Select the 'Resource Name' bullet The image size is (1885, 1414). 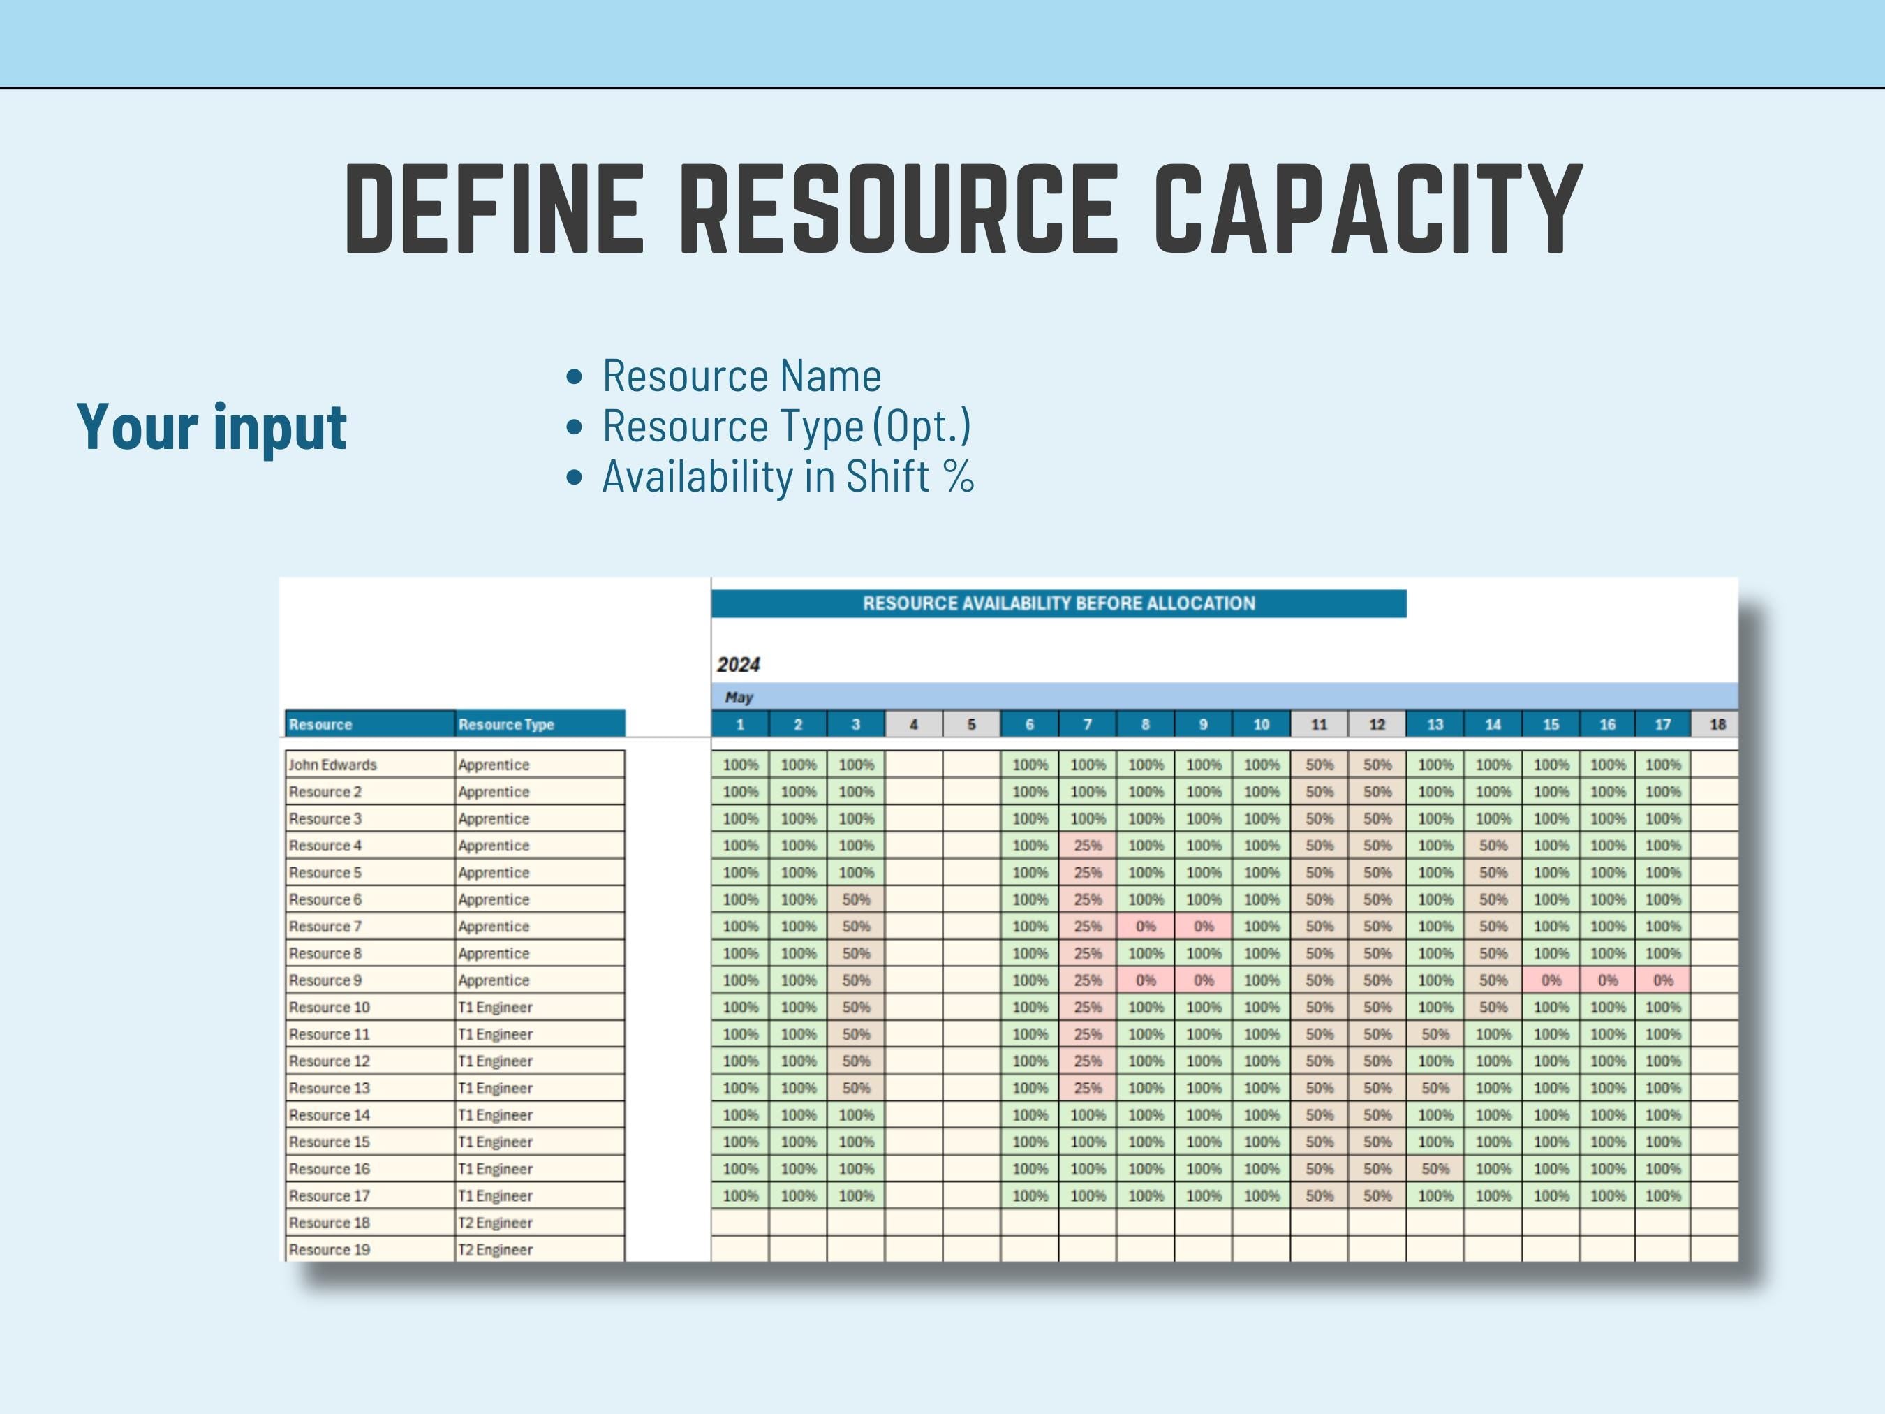click(x=741, y=376)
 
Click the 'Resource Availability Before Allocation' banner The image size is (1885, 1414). click(x=1058, y=603)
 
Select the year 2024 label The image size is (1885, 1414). click(x=738, y=665)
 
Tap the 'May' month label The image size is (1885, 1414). click(x=739, y=697)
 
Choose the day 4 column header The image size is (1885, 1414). click(x=912, y=725)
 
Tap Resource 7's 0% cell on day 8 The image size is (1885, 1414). click(x=1146, y=927)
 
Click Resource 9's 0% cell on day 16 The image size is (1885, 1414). click(x=1607, y=980)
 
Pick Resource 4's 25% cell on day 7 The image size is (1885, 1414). click(x=1088, y=846)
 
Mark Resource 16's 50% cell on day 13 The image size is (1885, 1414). click(x=1435, y=1168)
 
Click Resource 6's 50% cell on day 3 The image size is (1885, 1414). click(x=855, y=899)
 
